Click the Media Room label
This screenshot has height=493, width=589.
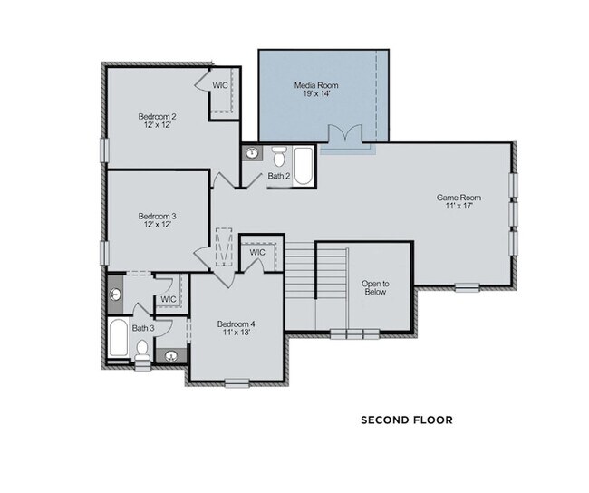pos(316,85)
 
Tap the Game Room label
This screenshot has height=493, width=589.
pos(459,198)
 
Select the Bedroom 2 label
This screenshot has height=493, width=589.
pos(157,117)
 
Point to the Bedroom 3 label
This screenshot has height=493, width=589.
pos(157,216)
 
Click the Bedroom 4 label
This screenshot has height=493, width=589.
pos(237,324)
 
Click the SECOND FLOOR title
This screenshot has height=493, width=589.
pos(407,420)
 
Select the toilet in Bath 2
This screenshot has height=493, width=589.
pos(279,157)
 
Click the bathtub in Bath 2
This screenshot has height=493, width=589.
pos(303,166)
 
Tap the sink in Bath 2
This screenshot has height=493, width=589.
pos(252,153)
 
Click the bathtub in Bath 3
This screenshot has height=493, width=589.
pos(119,338)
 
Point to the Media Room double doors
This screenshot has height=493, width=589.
pos(345,134)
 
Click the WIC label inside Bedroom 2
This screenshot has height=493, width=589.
pos(220,85)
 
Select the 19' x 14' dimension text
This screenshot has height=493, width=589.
pos(316,93)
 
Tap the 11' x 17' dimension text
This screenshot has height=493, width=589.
pos(459,206)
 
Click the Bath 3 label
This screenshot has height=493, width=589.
pos(143,328)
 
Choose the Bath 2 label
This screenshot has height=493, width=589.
pos(279,176)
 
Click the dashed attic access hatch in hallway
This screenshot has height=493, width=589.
pos(224,247)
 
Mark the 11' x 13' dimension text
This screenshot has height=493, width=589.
pos(237,333)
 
